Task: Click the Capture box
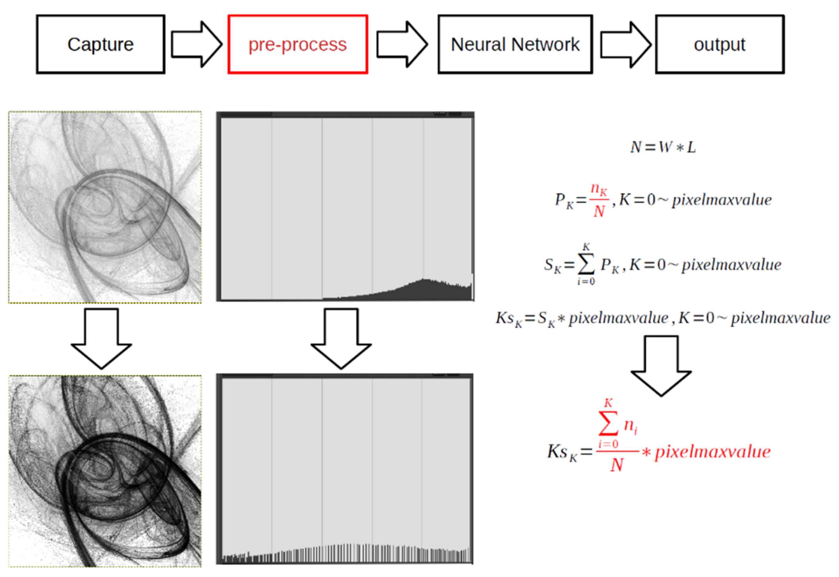coord(101,44)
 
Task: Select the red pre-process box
coord(297,44)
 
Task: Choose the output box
coord(719,44)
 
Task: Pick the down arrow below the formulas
coord(661,366)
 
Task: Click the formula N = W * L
coord(663,147)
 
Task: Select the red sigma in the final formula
coord(608,423)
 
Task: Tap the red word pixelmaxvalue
coord(712,452)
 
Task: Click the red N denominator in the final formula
coord(617,465)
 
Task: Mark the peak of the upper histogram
coord(425,279)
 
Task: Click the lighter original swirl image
coord(105,207)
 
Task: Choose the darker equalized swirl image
coord(105,471)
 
